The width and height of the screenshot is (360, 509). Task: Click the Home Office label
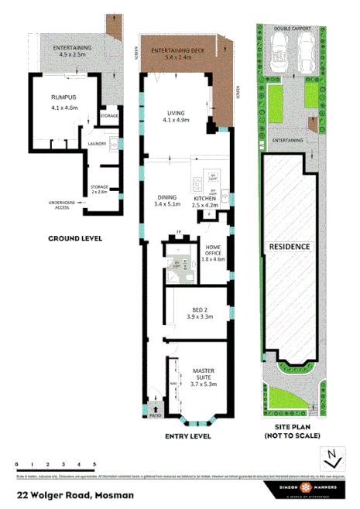pyautogui.click(x=213, y=254)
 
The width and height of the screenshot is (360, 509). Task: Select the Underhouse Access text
pyautogui.click(x=61, y=205)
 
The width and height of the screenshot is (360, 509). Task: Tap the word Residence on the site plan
pyautogui.click(x=290, y=247)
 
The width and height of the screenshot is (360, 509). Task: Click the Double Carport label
pyautogui.click(x=291, y=28)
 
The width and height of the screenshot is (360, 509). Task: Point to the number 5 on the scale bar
pyautogui.click(x=94, y=463)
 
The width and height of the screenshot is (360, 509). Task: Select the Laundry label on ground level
pyautogui.click(x=97, y=143)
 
